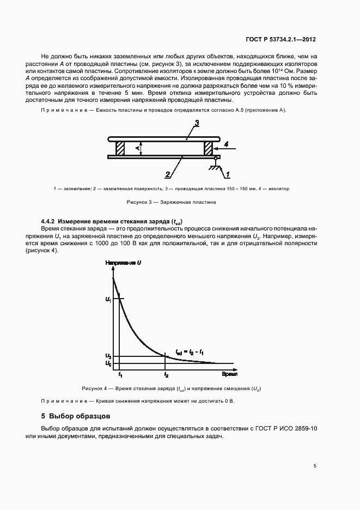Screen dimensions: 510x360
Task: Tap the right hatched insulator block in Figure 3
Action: coord(208,148)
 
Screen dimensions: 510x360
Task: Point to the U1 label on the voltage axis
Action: coord(108,299)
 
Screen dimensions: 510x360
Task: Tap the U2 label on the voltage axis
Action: coord(108,356)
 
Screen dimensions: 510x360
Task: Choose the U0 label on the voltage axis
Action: coord(108,363)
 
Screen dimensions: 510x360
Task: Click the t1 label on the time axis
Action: coord(120,375)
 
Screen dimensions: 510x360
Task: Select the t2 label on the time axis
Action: coord(166,375)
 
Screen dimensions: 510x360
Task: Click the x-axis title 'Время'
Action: coord(229,375)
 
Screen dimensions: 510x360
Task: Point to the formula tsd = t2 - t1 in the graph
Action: coord(190,351)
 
